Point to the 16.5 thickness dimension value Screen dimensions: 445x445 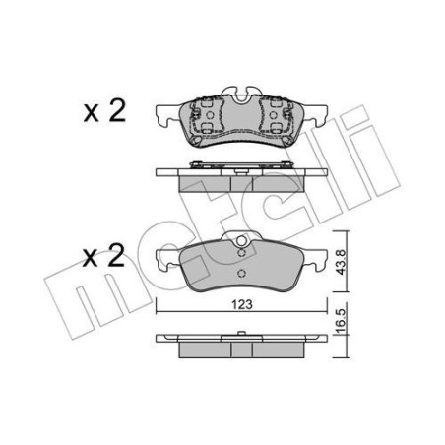339,322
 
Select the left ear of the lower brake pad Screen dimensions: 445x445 165,260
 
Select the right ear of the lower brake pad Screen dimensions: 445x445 317,260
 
